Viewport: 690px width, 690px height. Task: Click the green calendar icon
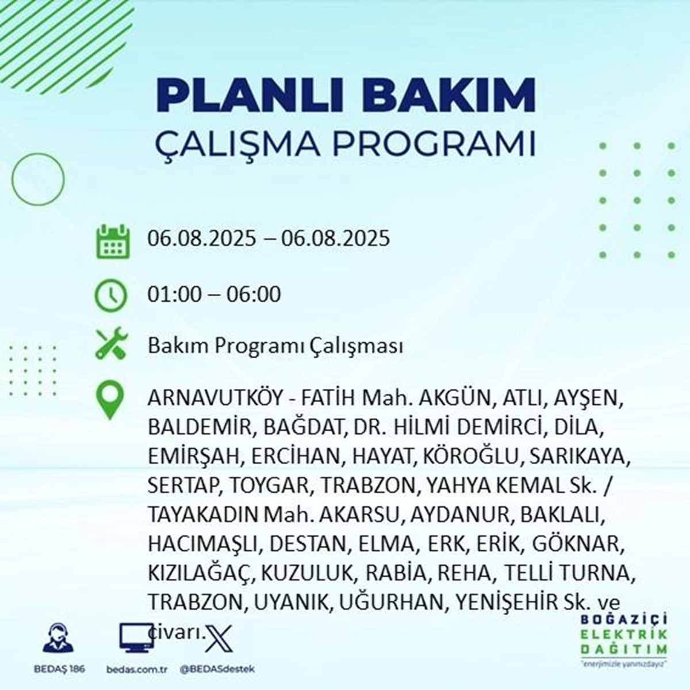[113, 241]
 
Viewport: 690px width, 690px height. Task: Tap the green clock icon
[110, 296]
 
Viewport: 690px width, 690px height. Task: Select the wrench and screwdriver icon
[112, 343]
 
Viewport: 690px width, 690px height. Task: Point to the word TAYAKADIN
[202, 515]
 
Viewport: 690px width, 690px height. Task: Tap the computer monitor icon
[136, 638]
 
